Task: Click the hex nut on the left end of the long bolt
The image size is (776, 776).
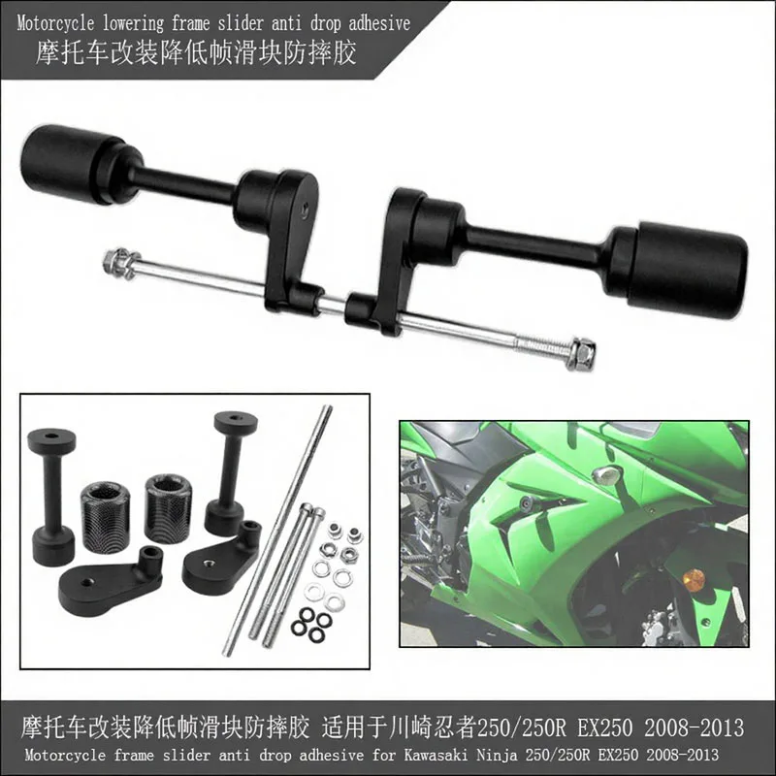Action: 119,260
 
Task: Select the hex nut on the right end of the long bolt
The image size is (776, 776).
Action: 582,354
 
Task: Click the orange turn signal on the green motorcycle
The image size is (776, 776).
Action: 693,580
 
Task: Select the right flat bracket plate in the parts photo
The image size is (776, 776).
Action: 220,555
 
